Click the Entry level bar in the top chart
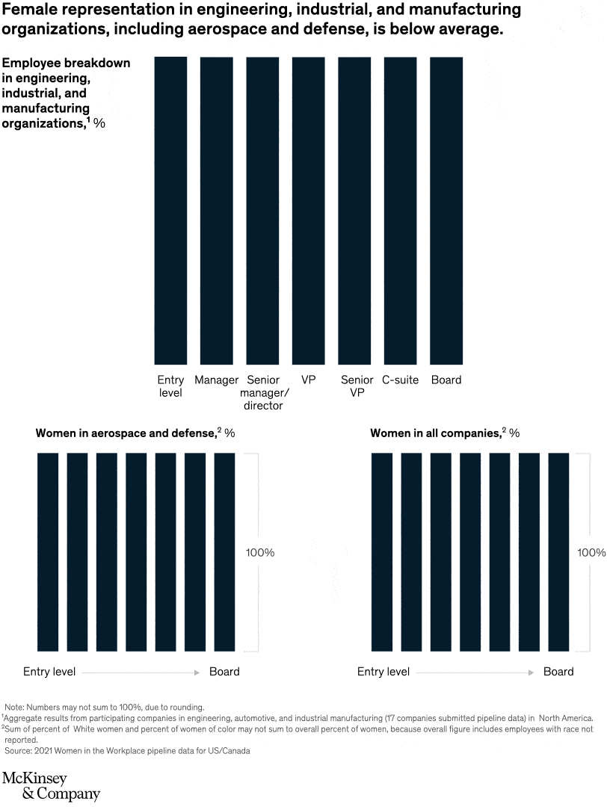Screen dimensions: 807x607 pyautogui.click(x=170, y=210)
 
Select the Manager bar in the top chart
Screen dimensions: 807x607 pyautogui.click(x=216, y=210)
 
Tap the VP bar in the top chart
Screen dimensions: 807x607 pyautogui.click(x=308, y=210)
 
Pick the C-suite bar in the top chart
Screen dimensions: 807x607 pyautogui.click(x=400, y=210)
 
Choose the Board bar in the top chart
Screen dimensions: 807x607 pyautogui.click(x=446, y=210)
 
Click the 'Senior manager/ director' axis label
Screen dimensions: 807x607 pyautogui.click(x=262, y=392)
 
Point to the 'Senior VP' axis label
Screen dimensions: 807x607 pyautogui.click(x=357, y=386)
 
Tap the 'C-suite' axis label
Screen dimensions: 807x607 pyautogui.click(x=400, y=380)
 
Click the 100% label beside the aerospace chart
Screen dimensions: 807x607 pyautogui.click(x=259, y=553)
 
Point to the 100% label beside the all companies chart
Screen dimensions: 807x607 pyautogui.click(x=591, y=553)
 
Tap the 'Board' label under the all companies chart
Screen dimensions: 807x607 pyautogui.click(x=558, y=671)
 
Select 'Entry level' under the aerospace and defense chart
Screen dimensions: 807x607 pyautogui.click(x=49, y=671)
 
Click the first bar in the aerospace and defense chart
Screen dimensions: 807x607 pyautogui.click(x=48, y=551)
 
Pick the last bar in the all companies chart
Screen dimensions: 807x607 pyautogui.click(x=558, y=551)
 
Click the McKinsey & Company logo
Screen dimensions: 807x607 pyautogui.click(x=51, y=785)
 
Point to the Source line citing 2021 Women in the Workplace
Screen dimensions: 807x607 pyautogui.click(x=127, y=750)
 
